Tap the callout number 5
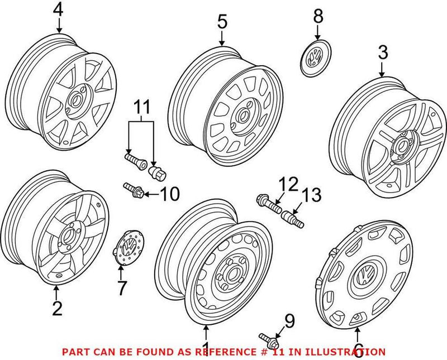[x=222, y=22]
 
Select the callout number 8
[x=317, y=16]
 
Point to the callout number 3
[x=382, y=54]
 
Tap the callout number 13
[x=312, y=195]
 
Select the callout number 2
[x=57, y=308]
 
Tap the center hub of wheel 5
[x=243, y=116]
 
